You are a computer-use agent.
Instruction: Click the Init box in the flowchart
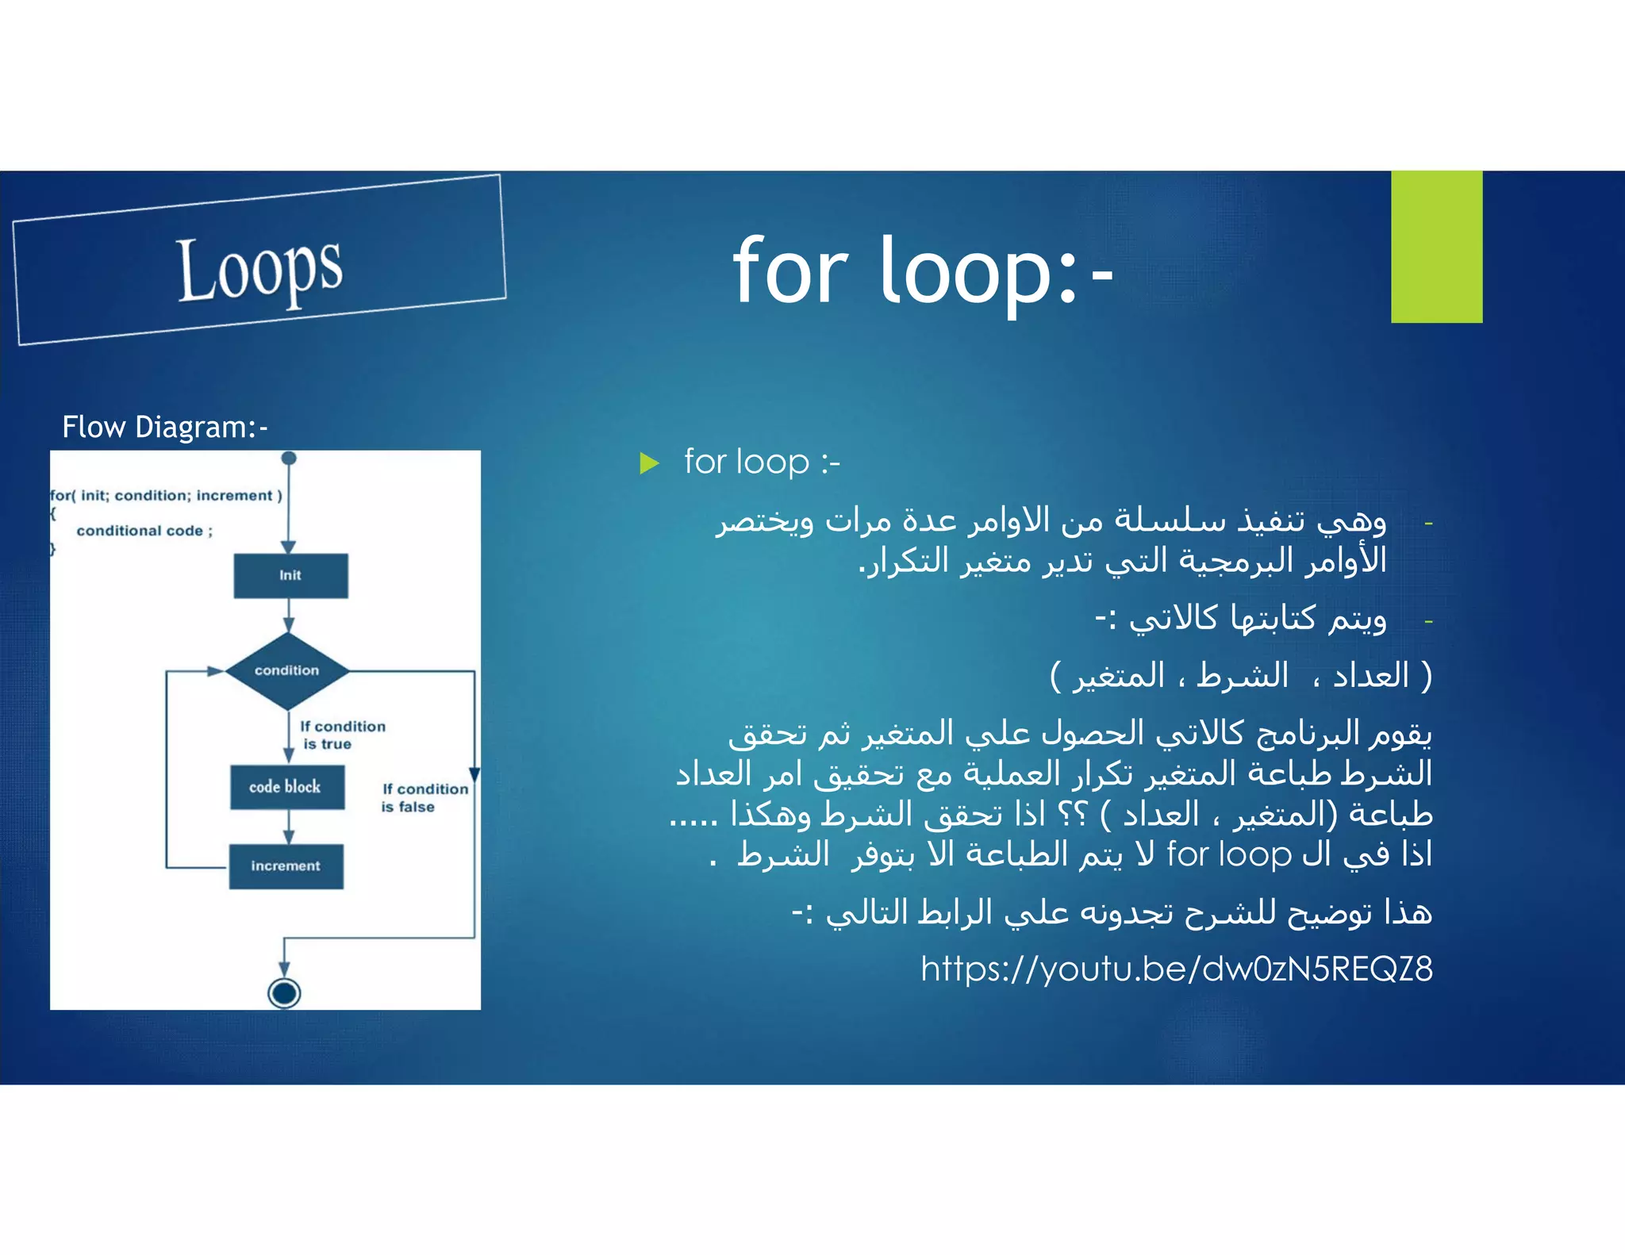click(x=290, y=575)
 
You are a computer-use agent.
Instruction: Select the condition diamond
click(x=287, y=670)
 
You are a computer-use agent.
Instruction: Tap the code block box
click(x=286, y=787)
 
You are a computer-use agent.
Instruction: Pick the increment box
click(x=286, y=865)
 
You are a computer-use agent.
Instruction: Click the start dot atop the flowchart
click(x=289, y=459)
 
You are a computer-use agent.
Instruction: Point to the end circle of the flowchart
click(x=284, y=992)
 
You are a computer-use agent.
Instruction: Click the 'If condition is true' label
click(x=341, y=735)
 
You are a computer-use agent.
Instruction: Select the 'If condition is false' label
click(x=424, y=797)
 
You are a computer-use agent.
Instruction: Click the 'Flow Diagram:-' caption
click(x=165, y=427)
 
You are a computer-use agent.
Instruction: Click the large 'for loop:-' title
click(x=923, y=271)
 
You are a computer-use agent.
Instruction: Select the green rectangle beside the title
click(x=1436, y=247)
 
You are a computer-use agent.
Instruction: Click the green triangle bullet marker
click(x=649, y=462)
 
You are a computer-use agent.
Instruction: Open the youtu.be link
click(x=1176, y=969)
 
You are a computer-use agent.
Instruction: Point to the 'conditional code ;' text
click(x=144, y=531)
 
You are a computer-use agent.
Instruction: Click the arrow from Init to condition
click(x=289, y=615)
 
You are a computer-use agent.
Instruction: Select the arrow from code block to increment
click(x=289, y=827)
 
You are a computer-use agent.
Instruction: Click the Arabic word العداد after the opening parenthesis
click(x=1370, y=676)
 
